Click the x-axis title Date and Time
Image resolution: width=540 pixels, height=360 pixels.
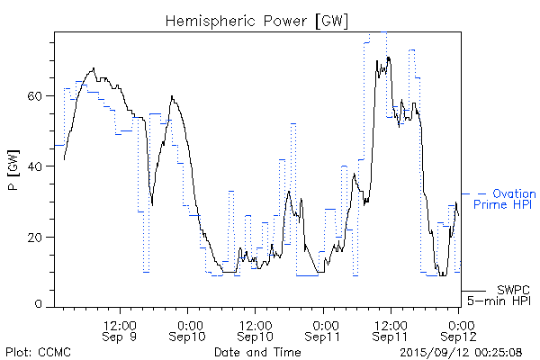click(x=257, y=353)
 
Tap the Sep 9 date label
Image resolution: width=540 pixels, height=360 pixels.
click(x=121, y=336)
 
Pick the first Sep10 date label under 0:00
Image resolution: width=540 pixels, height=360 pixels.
click(x=189, y=336)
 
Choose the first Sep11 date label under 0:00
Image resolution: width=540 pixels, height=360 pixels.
click(x=324, y=336)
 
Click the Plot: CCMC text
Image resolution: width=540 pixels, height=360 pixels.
click(x=38, y=353)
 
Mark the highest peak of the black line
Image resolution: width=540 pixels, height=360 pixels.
click(x=389, y=58)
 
